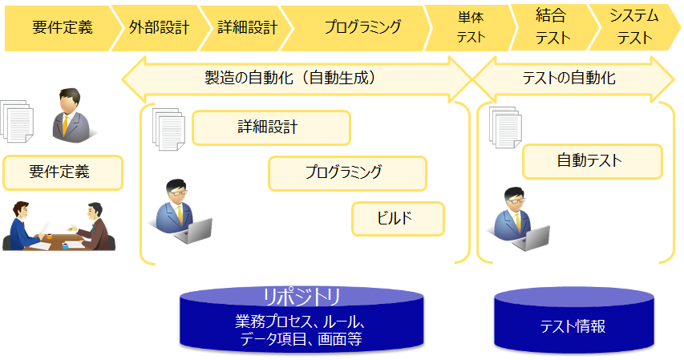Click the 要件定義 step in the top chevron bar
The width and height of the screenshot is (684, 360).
[x=62, y=27]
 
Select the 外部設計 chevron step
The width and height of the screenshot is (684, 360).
[x=158, y=27]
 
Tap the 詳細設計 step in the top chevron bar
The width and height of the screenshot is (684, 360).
[x=247, y=27]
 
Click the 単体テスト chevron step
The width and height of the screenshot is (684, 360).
[x=471, y=27]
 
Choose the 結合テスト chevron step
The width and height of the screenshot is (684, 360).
[x=552, y=27]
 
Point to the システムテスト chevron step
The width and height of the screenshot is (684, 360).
[x=633, y=27]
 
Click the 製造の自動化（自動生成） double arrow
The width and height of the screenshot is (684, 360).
[x=297, y=79]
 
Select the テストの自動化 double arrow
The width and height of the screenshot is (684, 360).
[x=573, y=79]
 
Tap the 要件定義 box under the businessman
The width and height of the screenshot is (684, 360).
[x=63, y=172]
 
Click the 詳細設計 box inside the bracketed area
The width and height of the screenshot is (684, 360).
[x=271, y=127]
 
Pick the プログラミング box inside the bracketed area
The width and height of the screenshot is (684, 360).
[x=346, y=172]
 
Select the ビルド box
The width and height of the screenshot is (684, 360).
[x=398, y=218]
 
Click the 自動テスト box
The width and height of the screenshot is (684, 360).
[x=592, y=161]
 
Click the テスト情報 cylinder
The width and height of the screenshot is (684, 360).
[x=573, y=325]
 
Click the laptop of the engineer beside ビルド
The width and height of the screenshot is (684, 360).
[x=196, y=230]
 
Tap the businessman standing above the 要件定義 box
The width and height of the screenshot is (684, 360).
[x=71, y=113]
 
